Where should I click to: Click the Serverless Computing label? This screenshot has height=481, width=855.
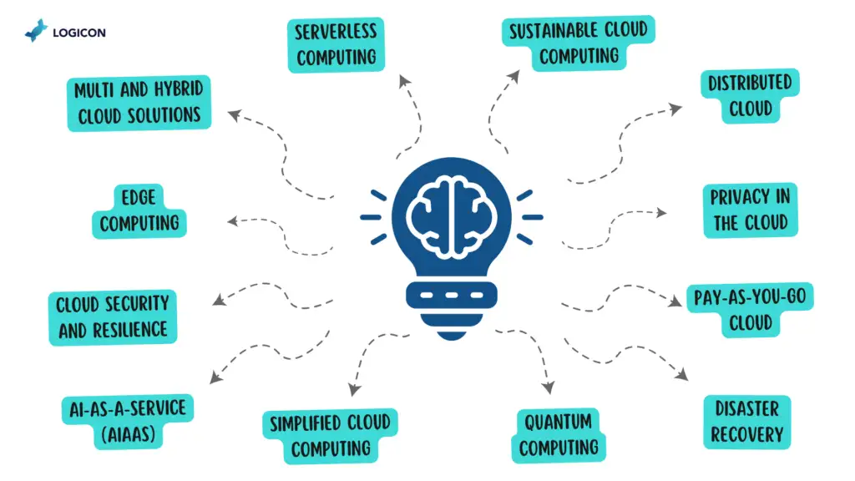coord(336,45)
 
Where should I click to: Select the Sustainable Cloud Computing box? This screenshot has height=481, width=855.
coord(579,43)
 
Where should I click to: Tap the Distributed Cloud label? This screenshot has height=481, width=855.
coord(749,96)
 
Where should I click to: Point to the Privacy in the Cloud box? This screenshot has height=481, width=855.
coord(750,210)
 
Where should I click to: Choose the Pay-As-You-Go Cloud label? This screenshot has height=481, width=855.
coord(749,310)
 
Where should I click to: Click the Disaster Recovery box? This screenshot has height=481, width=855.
coord(746,422)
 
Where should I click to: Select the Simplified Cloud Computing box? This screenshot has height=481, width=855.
coord(330,436)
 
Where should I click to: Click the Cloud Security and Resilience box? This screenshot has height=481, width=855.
coord(112,316)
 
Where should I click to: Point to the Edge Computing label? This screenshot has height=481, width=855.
coord(139,211)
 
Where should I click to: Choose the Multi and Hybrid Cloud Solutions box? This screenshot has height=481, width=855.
coord(139,103)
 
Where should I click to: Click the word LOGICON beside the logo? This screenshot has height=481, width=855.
coord(79,33)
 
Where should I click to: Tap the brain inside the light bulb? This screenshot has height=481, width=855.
coord(451,213)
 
